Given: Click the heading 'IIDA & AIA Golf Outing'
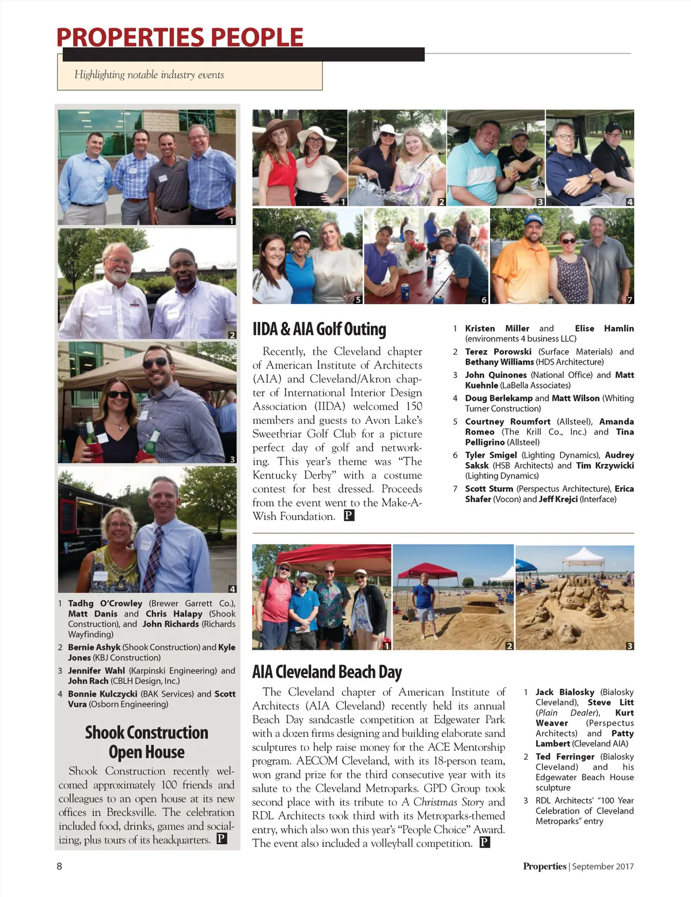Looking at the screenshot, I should (x=319, y=329).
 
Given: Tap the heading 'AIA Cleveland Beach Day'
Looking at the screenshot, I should (x=326, y=672).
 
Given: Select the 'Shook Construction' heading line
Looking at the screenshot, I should (x=147, y=732).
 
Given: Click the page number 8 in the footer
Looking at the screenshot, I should (x=59, y=866).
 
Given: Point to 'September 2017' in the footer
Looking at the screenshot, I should (x=603, y=866).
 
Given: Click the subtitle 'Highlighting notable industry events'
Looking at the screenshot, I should (x=149, y=75).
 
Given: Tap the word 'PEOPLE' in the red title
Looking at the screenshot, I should (x=256, y=38).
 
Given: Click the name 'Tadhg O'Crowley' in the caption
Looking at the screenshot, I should (x=105, y=603).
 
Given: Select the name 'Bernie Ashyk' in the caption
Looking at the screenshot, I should (x=94, y=647).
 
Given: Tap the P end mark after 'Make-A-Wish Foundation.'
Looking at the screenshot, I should (x=349, y=516).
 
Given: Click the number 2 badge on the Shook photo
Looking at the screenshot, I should (x=232, y=335).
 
